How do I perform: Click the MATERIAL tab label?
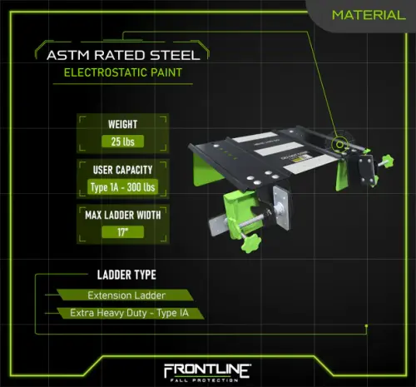tap(369, 15)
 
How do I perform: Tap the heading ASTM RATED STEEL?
tap(123, 55)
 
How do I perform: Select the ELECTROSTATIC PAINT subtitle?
tap(123, 72)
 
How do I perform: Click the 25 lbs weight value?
tap(123, 141)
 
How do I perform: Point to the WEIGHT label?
tap(123, 124)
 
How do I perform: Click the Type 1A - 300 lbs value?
tap(122, 187)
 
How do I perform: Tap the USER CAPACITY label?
tap(122, 170)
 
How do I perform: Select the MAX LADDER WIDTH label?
tap(123, 215)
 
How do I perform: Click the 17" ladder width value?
tap(123, 232)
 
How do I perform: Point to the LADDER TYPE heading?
tap(126, 275)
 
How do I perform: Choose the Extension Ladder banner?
tap(125, 295)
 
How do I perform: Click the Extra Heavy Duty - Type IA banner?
tap(131, 313)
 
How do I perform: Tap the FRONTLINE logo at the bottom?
tap(207, 370)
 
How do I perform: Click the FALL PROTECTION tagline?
tap(205, 380)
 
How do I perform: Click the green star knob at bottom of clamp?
tap(250, 243)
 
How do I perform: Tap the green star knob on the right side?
tap(387, 161)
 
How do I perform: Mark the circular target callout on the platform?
tap(340, 144)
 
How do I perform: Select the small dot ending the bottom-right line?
tap(367, 325)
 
